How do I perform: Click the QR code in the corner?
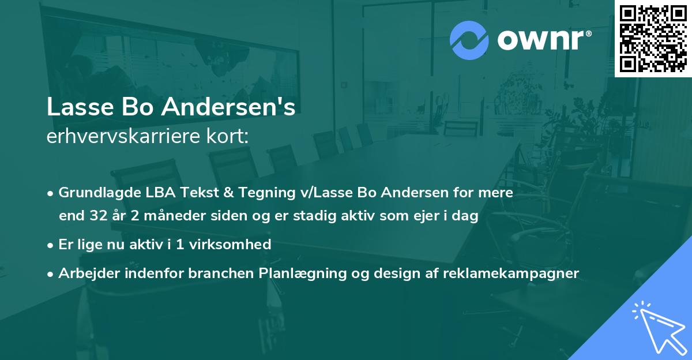tap(653, 38)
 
